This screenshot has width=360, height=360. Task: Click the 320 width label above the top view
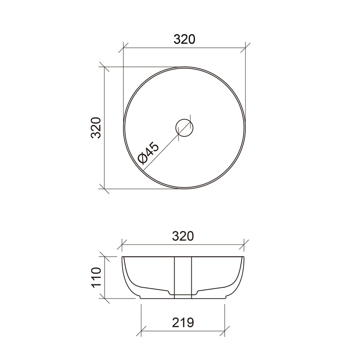tap(184, 39)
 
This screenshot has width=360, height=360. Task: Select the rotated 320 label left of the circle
tap(96, 128)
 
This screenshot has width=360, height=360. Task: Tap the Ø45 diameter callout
tap(149, 153)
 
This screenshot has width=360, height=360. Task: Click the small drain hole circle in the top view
tap(185, 127)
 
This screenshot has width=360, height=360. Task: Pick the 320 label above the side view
tap(183, 236)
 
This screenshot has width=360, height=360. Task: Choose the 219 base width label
tap(183, 322)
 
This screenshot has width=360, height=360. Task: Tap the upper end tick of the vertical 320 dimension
tap(104, 67)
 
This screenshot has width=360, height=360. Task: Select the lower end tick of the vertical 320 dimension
tap(104, 188)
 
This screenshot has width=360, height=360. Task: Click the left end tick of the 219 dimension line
tap(141, 329)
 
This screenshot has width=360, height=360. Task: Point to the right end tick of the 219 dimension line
tap(225, 329)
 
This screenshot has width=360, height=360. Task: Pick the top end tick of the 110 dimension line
tap(104, 256)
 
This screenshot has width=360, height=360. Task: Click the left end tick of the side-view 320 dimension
tap(122, 244)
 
